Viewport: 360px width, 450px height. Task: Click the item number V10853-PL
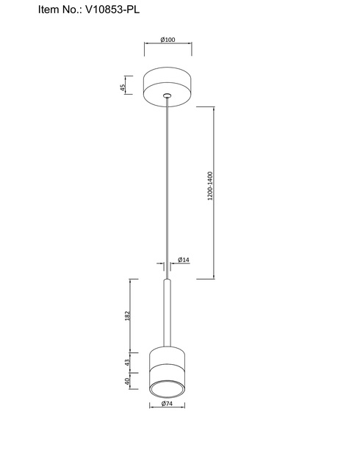click(112, 10)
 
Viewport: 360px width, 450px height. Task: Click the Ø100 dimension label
click(168, 40)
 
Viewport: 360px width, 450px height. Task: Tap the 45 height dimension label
click(123, 87)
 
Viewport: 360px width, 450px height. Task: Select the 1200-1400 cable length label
click(210, 186)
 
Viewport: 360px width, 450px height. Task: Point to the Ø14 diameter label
click(184, 260)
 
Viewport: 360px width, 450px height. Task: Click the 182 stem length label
click(128, 316)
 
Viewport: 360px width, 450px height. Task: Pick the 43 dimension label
click(128, 362)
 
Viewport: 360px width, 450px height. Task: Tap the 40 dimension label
click(127, 381)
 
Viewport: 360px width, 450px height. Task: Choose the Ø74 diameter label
click(167, 404)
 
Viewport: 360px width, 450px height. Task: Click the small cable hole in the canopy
click(167, 95)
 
